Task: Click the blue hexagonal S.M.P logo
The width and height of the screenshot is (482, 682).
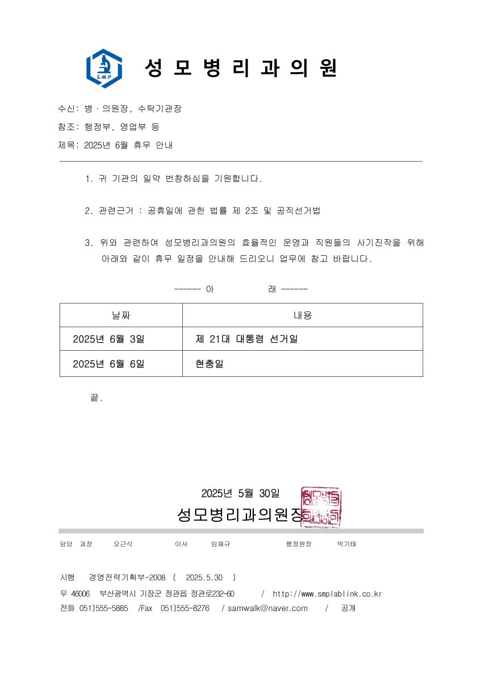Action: pos(104,69)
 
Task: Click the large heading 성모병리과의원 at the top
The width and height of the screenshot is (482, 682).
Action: pos(241,69)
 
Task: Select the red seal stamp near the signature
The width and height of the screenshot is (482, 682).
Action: pos(321,507)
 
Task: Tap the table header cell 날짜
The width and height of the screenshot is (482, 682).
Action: pos(121,315)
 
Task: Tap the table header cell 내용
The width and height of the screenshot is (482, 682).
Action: pos(302,315)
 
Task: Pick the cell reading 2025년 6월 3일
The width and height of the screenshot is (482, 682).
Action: pos(108,339)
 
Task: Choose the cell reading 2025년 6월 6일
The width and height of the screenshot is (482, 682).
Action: pos(108,364)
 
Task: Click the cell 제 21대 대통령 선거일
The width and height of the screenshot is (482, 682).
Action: pos(246,339)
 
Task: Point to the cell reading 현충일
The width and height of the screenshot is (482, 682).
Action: pos(209,364)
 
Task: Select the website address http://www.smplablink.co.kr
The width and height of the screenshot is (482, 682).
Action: pos(327,594)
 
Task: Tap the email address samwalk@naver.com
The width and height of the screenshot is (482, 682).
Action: pos(267,608)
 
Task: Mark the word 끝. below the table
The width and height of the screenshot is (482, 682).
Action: pos(96,398)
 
